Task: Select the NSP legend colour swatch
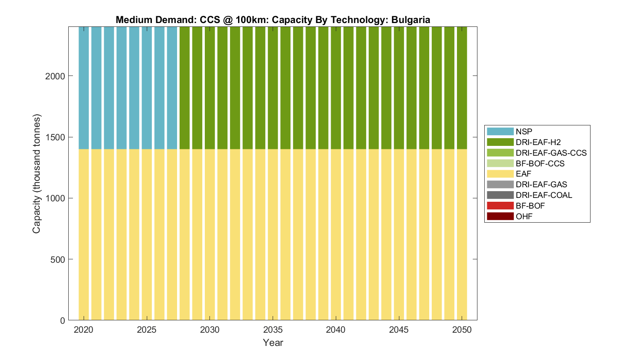pyautogui.click(x=500, y=131)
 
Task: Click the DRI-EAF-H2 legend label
pyautogui.click(x=538, y=142)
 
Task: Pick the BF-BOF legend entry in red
pyautogui.click(x=500, y=206)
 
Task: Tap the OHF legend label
pyautogui.click(x=524, y=216)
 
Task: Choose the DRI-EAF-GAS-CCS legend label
pyautogui.click(x=551, y=153)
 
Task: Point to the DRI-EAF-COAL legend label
pyautogui.click(x=544, y=195)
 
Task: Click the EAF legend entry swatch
pyautogui.click(x=500, y=174)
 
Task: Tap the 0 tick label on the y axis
pyautogui.click(x=63, y=320)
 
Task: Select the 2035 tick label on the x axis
pyautogui.click(x=273, y=330)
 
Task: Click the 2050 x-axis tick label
pyautogui.click(x=462, y=330)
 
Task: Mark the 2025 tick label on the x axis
pyautogui.click(x=147, y=330)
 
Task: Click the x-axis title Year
pyautogui.click(x=273, y=343)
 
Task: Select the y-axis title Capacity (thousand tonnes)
pyautogui.click(x=37, y=174)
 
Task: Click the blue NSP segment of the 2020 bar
pyautogui.click(x=84, y=87)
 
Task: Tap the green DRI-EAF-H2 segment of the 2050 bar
pyautogui.click(x=462, y=87)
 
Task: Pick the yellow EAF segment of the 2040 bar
pyautogui.click(x=336, y=235)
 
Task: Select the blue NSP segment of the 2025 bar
pyautogui.click(x=147, y=87)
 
